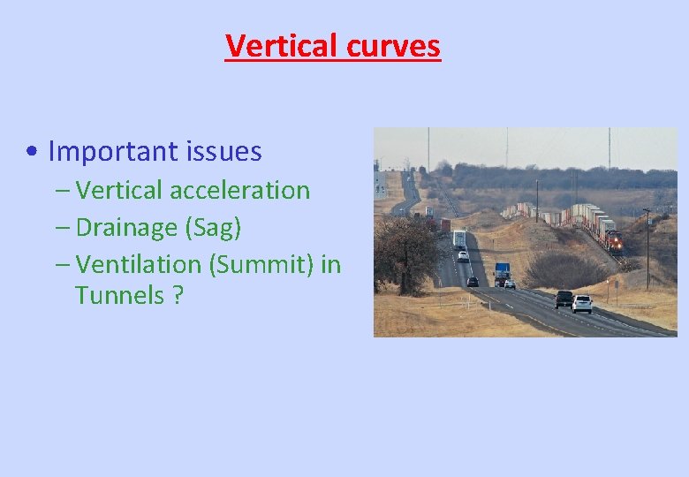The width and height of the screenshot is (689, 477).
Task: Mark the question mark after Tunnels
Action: click(x=178, y=295)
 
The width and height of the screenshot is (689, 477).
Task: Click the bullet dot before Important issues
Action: click(x=32, y=153)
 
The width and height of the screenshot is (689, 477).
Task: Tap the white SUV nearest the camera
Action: click(x=582, y=303)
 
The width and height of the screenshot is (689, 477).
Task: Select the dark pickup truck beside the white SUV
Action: click(x=564, y=299)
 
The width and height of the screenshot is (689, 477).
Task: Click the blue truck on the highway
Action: click(x=502, y=272)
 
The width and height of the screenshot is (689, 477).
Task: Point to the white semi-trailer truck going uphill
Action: click(x=459, y=238)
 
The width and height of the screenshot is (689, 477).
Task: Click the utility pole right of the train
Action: click(x=647, y=247)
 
